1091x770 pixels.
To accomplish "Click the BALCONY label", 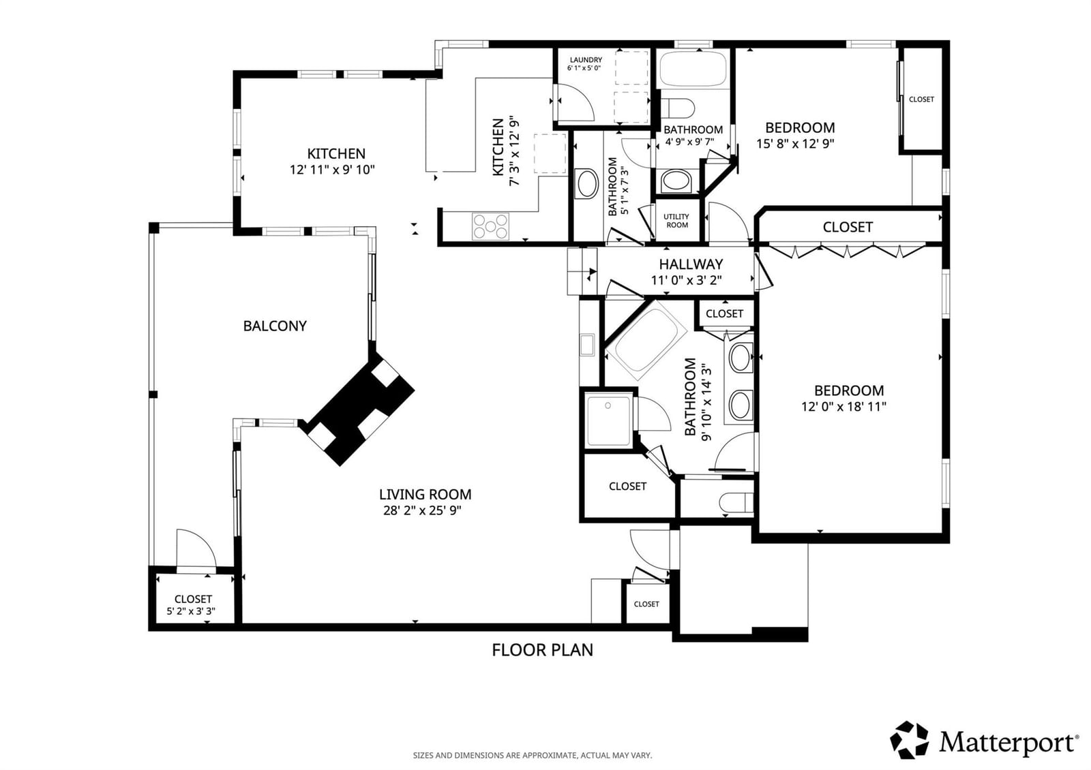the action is point(275,326).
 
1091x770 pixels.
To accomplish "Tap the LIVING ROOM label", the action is point(425,495).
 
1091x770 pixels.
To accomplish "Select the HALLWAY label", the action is point(691,264).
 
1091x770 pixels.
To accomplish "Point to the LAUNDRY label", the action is point(586,60).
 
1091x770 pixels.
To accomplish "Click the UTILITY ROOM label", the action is point(676,221).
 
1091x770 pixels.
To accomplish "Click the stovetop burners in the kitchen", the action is point(490,226).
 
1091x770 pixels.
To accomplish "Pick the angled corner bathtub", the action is point(646,339).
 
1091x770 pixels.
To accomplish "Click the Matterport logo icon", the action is point(909,740).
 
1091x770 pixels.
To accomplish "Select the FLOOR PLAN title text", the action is point(543,650).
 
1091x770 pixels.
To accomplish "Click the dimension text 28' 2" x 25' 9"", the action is point(422,510).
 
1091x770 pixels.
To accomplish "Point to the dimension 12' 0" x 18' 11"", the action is point(844,406).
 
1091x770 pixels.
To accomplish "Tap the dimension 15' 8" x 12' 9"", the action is point(795,144).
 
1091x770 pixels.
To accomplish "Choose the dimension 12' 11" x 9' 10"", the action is point(332,170).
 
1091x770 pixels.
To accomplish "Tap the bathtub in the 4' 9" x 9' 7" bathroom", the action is point(693,69).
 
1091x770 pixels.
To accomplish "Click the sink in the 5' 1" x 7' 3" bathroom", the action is point(586,183).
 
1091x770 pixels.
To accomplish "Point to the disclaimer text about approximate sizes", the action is point(533,756).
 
